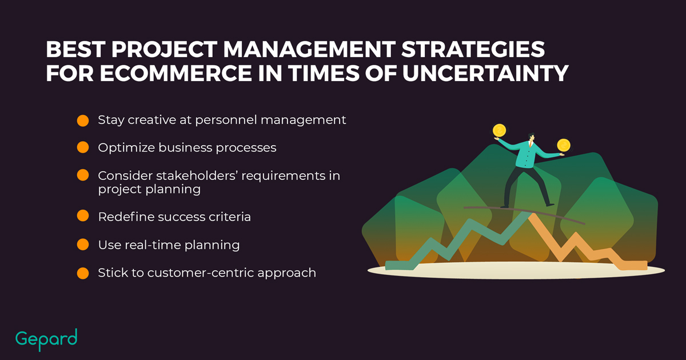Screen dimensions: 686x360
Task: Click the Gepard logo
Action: coord(46,339)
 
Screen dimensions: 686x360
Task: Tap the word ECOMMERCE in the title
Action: coord(176,74)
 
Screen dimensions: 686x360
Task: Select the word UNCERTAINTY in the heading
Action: coord(485,74)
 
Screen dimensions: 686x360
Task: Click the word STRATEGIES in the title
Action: coord(473,49)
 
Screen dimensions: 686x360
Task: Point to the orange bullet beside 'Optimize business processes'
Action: coord(83,147)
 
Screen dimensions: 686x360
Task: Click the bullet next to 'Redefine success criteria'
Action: coord(83,216)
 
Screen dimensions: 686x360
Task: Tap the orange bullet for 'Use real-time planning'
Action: coord(83,245)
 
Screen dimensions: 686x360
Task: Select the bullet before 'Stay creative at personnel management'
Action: coord(83,121)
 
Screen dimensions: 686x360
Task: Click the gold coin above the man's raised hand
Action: coord(499,131)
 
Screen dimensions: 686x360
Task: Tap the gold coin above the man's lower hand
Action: coord(564,145)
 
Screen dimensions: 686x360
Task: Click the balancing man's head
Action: coord(531,137)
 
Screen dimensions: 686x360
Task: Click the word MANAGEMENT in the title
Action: coord(309,49)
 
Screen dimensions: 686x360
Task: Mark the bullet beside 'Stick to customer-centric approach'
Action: coord(83,273)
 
